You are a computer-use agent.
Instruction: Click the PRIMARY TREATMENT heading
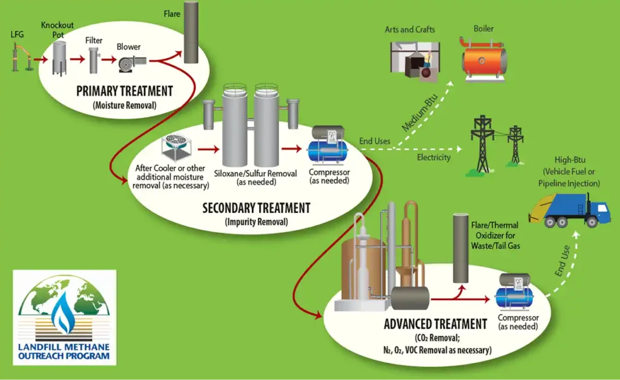(124, 92)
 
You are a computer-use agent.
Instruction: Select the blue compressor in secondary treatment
(327, 148)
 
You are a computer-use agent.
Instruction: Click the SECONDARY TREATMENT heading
(256, 208)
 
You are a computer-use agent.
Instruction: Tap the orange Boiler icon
(484, 59)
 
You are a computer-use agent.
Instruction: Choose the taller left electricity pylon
(483, 143)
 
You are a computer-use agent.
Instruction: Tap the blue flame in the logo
(62, 313)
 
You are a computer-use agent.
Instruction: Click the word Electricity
(434, 158)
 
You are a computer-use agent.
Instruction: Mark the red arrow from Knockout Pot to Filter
(76, 59)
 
